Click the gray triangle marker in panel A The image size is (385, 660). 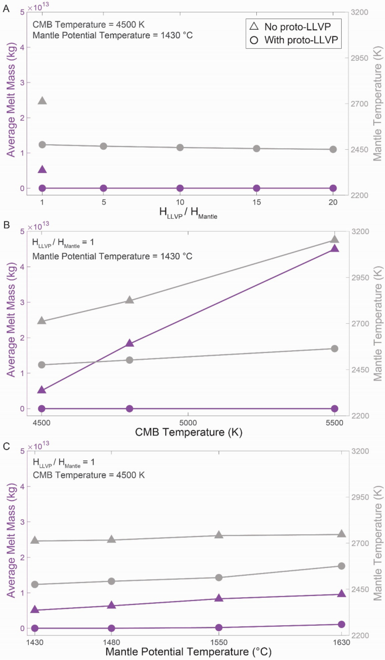42,101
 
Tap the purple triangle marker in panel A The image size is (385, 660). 42,169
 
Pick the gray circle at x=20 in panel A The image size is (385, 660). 333,149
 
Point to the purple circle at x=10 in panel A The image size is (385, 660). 180,188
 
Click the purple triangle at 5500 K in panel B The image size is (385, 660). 334,248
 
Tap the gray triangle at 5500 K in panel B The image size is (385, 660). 334,240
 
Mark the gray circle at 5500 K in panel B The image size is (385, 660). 334,349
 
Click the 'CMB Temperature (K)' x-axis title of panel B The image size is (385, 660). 187,433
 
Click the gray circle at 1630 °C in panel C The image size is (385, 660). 341,566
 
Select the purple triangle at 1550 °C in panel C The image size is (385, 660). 219,598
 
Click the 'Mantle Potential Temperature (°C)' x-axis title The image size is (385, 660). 187,652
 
